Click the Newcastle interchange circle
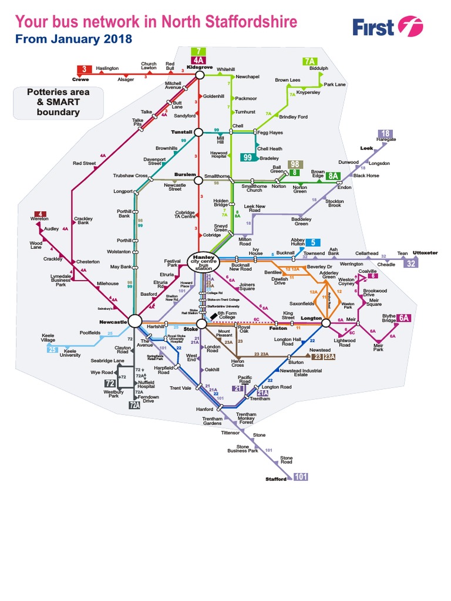135,320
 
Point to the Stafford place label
277,479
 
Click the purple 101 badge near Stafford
300,477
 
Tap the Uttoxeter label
426,253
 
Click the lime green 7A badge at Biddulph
310,61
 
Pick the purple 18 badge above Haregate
385,133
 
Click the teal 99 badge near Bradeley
248,157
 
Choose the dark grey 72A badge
135,405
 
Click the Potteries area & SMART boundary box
58,102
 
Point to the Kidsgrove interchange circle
199,75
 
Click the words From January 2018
73,39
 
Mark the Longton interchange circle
327,322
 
